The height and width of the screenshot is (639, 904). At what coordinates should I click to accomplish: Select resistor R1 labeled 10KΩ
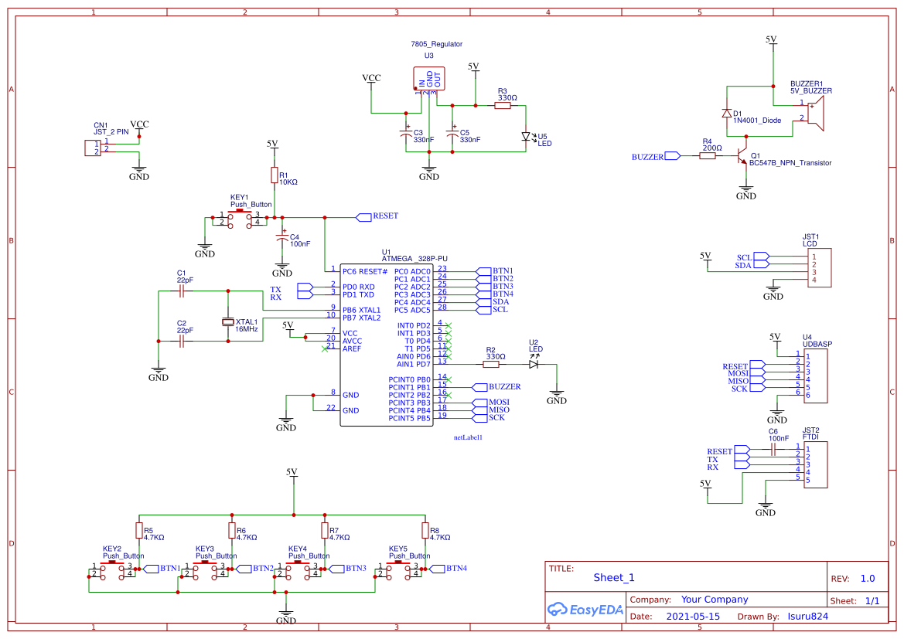273,175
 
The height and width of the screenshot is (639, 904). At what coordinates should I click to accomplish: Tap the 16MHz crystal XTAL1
228,321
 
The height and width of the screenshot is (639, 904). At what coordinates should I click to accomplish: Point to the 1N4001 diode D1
726,113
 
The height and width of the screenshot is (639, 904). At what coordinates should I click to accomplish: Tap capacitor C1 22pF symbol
182,291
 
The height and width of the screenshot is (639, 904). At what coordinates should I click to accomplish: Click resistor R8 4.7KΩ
425,530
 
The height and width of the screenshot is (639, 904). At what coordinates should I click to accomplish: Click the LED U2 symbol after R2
534,364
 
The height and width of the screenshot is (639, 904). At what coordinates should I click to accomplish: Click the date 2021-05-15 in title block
693,617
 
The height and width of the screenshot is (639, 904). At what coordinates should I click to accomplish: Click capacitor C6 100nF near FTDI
773,447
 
